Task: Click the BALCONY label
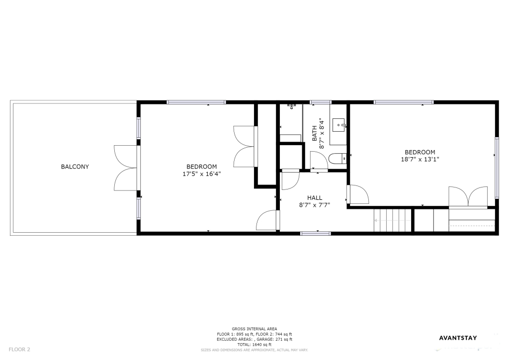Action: pos(75,167)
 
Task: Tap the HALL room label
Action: pos(315,198)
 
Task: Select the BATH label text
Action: pos(315,133)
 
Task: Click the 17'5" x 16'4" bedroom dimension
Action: pos(202,174)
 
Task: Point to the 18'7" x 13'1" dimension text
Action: pos(420,160)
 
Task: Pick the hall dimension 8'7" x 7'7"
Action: pos(315,205)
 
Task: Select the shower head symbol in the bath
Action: pos(292,106)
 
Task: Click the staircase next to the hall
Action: pos(393,220)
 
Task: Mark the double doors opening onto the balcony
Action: pos(126,168)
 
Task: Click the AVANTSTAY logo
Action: pos(458,338)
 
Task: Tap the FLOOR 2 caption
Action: pos(19,350)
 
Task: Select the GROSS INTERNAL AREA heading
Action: pos(254,329)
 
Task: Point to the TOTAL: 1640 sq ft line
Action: pos(254,345)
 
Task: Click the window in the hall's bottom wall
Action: pos(316,233)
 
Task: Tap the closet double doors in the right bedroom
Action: pos(468,197)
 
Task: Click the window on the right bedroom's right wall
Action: pos(497,168)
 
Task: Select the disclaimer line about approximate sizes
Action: pos(254,350)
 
